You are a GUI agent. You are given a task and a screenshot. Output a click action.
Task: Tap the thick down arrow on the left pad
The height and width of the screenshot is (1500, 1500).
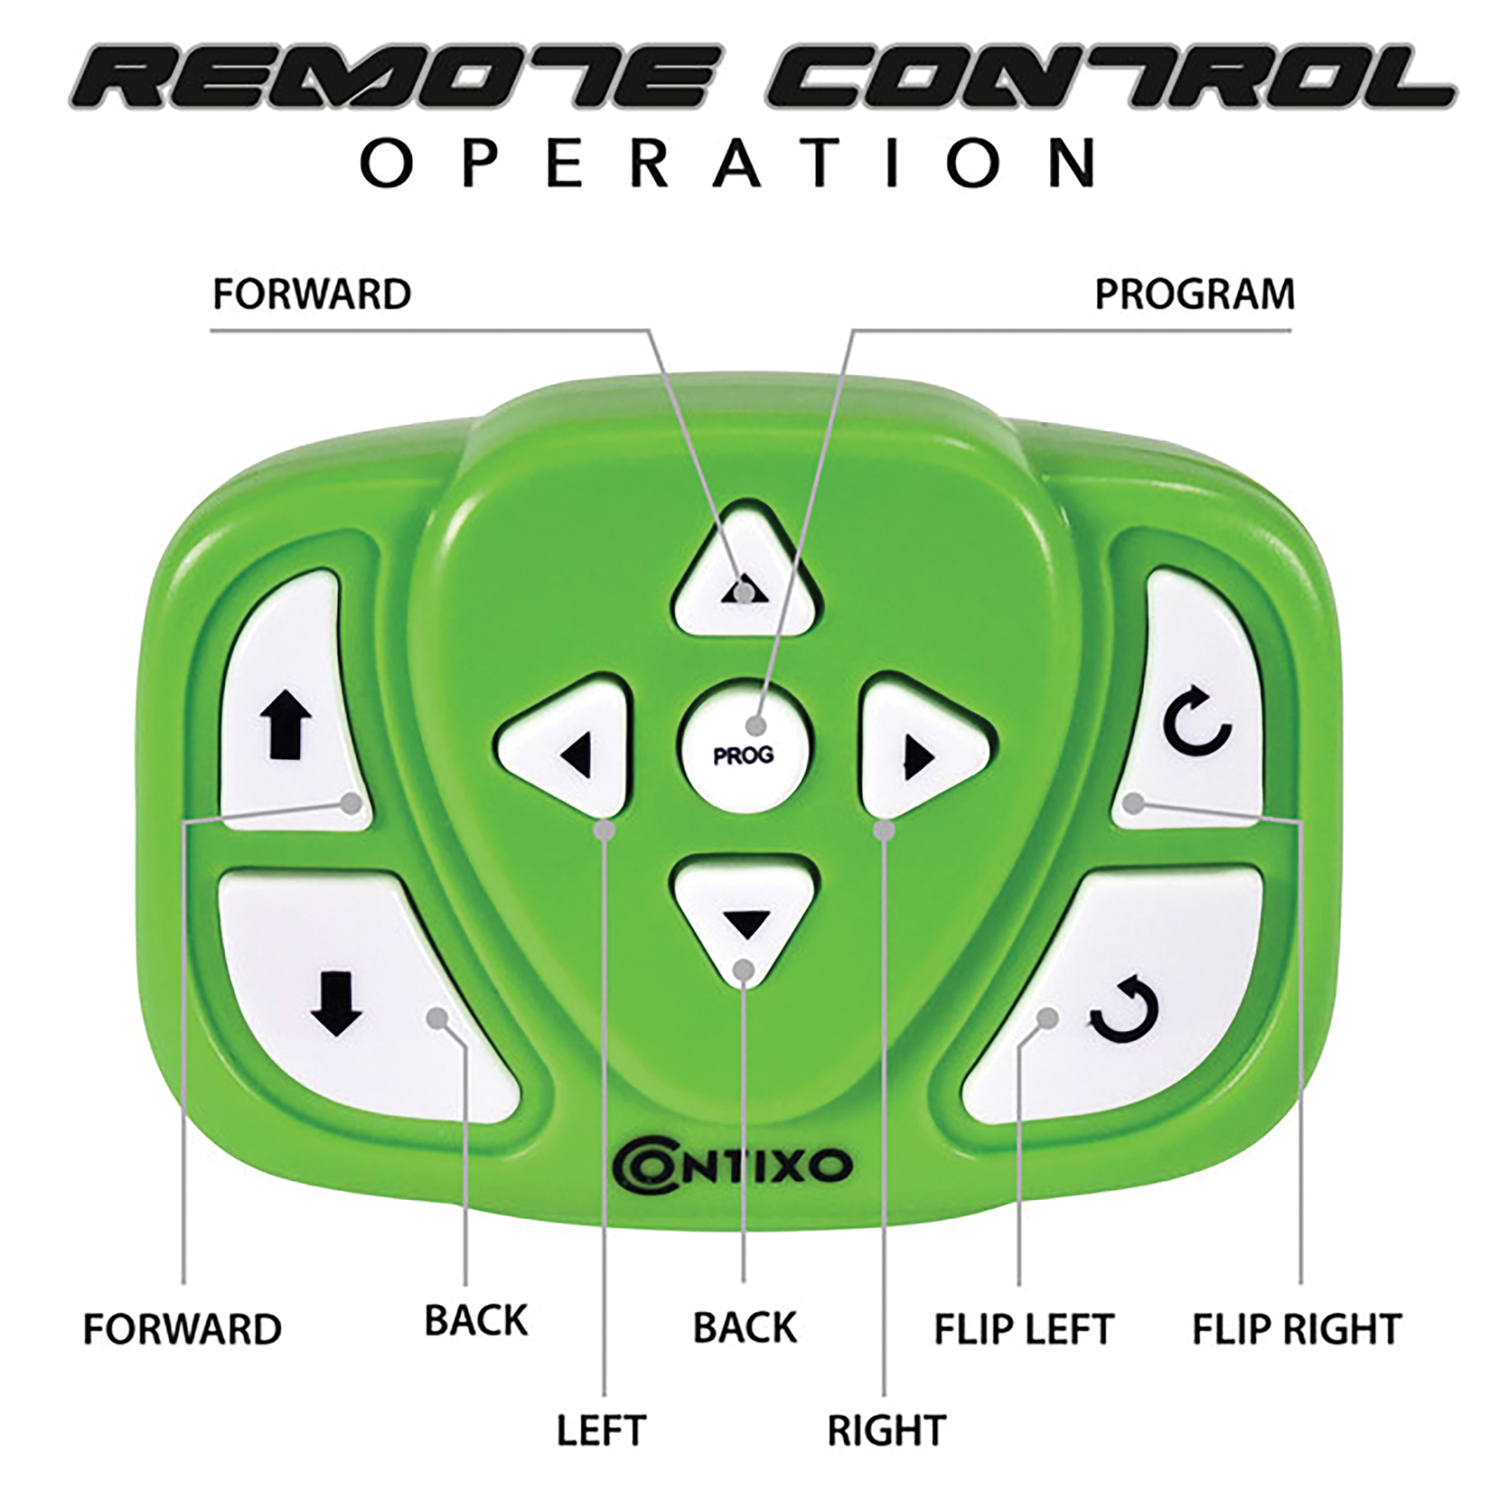pos(336,1005)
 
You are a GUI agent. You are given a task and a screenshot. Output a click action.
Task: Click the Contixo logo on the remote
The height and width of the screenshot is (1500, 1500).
pos(731,1166)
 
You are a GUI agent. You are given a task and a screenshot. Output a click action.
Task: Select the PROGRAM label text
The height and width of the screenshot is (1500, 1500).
pos(1194,294)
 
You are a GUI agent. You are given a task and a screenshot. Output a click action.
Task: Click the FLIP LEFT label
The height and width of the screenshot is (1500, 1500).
pos(1023,1329)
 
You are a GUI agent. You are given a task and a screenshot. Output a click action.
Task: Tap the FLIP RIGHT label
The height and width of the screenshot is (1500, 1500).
pos(1296,1329)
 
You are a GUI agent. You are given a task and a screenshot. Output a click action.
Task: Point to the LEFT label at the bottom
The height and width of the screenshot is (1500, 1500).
pos(601,1430)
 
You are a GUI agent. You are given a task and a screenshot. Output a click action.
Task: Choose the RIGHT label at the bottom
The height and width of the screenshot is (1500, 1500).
pos(886,1430)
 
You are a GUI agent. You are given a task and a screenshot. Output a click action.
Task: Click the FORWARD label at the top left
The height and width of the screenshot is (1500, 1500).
pos(312,294)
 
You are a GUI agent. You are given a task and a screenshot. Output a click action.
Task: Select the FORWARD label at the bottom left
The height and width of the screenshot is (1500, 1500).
pos(182,1329)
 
